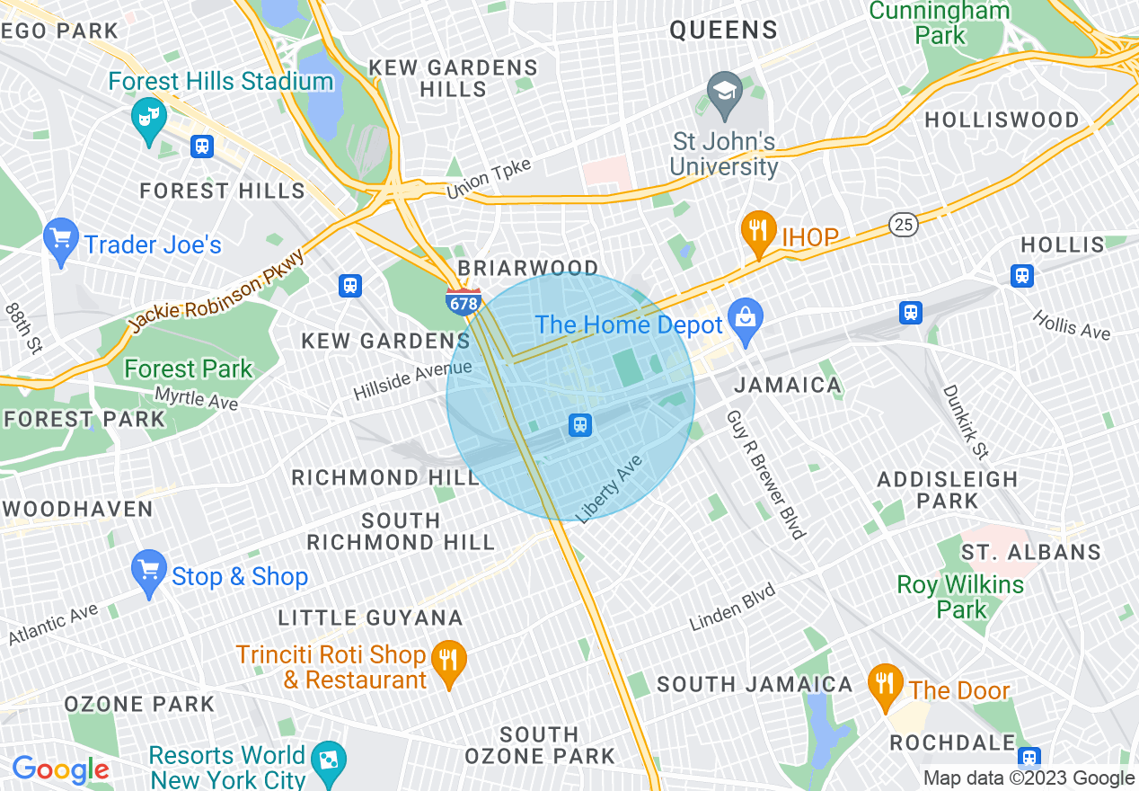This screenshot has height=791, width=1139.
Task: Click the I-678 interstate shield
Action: point(464,301)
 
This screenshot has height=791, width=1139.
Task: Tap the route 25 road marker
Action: point(905,225)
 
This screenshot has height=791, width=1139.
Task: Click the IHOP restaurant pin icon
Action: point(759,231)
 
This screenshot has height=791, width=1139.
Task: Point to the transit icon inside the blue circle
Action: point(580,424)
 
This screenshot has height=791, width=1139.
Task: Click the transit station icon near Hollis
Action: point(1021,276)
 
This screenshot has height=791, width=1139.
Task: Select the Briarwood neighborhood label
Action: point(528,269)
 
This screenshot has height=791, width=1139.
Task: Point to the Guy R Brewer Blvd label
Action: point(764,475)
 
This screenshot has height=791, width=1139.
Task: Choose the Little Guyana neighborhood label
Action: point(370,618)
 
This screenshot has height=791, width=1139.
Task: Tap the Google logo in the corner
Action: point(60,769)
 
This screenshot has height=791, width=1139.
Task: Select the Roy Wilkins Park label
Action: point(960,597)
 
